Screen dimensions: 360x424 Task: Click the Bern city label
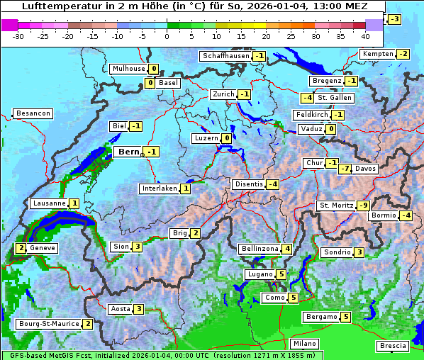click(128, 152)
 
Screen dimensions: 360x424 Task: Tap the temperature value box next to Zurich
click(245, 94)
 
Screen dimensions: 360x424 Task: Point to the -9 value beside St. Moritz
click(364, 206)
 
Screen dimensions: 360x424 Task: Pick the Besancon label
click(33, 113)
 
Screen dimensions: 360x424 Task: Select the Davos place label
click(366, 169)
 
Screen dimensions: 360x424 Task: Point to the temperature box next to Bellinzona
click(286, 249)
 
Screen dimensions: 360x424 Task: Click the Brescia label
click(393, 345)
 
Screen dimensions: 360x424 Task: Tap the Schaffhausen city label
click(225, 56)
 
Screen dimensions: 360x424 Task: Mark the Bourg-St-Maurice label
click(48, 324)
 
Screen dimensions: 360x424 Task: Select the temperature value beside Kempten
click(403, 54)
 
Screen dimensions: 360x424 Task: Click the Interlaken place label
click(159, 189)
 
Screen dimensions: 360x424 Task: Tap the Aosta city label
click(120, 309)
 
